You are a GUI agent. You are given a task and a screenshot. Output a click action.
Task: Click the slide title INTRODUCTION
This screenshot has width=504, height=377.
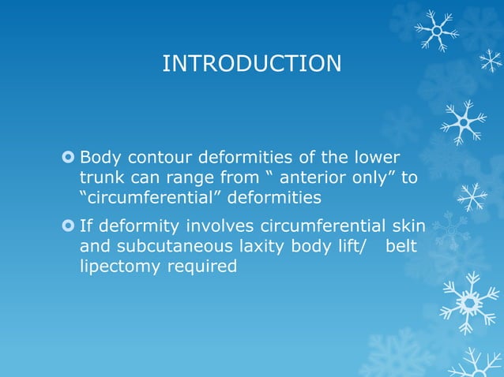click(x=251, y=64)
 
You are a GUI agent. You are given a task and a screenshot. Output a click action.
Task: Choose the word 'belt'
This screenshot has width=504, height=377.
click(x=401, y=248)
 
